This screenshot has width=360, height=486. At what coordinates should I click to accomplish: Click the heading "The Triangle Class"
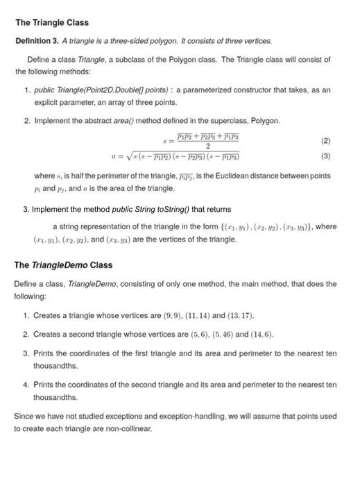coord(51,23)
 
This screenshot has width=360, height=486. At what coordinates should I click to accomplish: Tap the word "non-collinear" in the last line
coord(128,429)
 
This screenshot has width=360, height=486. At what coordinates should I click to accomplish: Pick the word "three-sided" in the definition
coord(109,41)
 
